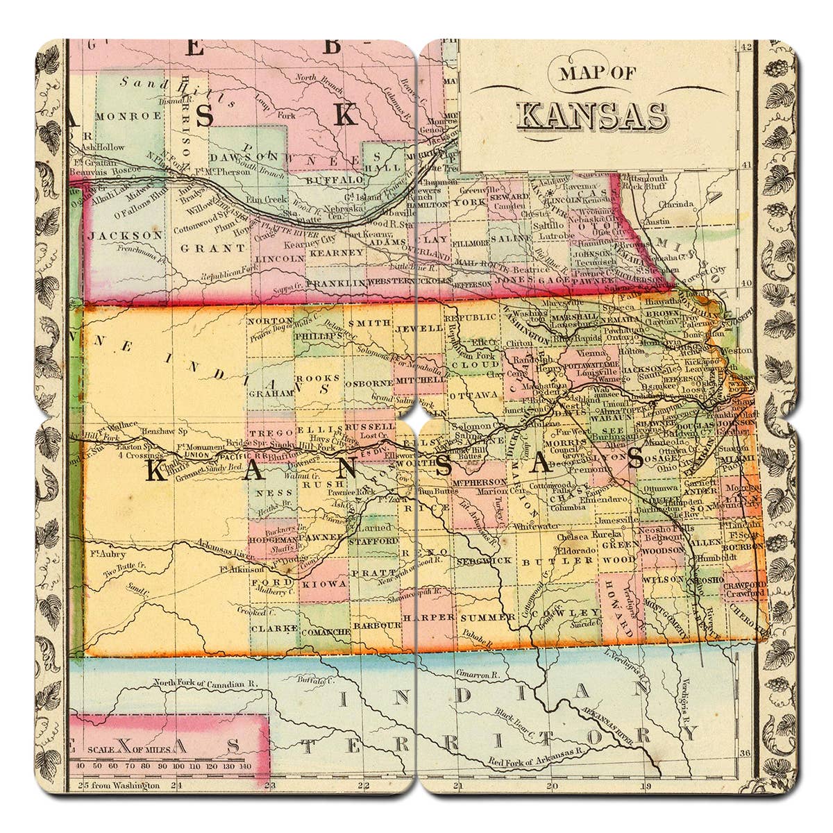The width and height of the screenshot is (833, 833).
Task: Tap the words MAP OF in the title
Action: (x=590, y=73)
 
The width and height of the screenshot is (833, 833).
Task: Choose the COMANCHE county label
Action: (x=325, y=632)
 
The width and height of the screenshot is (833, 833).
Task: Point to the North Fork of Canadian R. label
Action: (x=205, y=683)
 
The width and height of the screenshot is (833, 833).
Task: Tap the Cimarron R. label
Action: (x=479, y=673)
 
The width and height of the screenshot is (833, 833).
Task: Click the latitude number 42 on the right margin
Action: (x=746, y=47)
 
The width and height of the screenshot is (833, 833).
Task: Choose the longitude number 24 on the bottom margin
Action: (x=176, y=786)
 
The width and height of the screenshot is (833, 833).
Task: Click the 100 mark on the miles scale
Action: (x=178, y=766)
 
